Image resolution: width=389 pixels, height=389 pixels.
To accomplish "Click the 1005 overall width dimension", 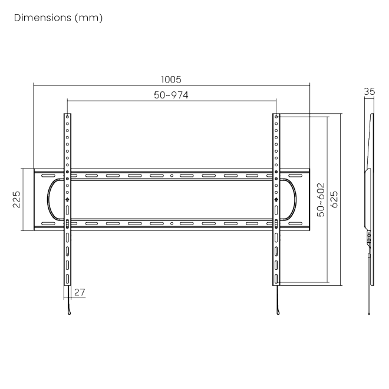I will click(171, 79).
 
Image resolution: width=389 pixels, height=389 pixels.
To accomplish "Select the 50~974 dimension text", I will click(171, 95).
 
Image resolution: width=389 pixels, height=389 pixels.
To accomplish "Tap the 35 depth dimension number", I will click(370, 91).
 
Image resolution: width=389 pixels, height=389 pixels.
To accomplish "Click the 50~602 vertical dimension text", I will click(320, 200).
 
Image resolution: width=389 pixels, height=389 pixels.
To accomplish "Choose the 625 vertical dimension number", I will click(334, 200).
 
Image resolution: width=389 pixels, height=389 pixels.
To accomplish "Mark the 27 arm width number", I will click(80, 291).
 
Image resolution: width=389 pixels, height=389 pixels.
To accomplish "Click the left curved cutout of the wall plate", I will click(50, 200).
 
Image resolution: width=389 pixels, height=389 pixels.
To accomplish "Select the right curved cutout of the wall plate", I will click(293, 200).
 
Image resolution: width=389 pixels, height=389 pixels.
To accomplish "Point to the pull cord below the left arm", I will click(68, 306).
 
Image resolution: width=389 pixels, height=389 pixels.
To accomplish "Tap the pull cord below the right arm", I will click(276, 306).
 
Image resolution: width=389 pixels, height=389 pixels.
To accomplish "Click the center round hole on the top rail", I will click(172, 176).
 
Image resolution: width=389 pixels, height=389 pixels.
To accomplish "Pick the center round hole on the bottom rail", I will click(172, 224).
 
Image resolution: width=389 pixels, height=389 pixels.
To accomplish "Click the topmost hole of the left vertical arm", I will click(68, 117).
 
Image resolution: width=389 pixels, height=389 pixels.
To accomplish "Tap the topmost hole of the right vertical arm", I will click(276, 117).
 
